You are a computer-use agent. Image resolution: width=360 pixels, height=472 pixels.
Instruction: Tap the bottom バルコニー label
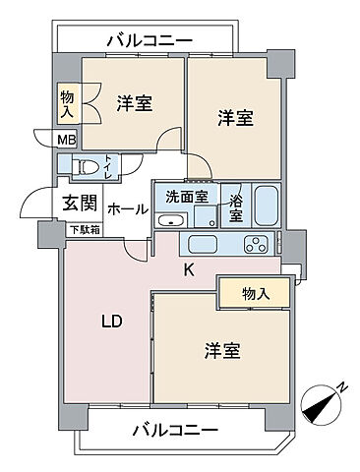tap(174, 430)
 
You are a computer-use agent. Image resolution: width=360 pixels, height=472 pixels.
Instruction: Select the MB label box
tap(64, 139)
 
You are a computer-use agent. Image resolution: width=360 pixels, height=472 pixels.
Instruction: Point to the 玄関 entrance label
tap(79, 204)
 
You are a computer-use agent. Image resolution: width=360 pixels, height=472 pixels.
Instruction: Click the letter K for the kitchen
tap(189, 266)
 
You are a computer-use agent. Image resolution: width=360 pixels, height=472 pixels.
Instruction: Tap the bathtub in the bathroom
tap(266, 206)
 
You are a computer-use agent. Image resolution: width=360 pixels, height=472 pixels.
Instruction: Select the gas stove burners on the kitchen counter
tap(257, 245)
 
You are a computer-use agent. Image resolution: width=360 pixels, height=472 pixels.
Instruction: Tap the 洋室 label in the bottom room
tap(223, 350)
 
